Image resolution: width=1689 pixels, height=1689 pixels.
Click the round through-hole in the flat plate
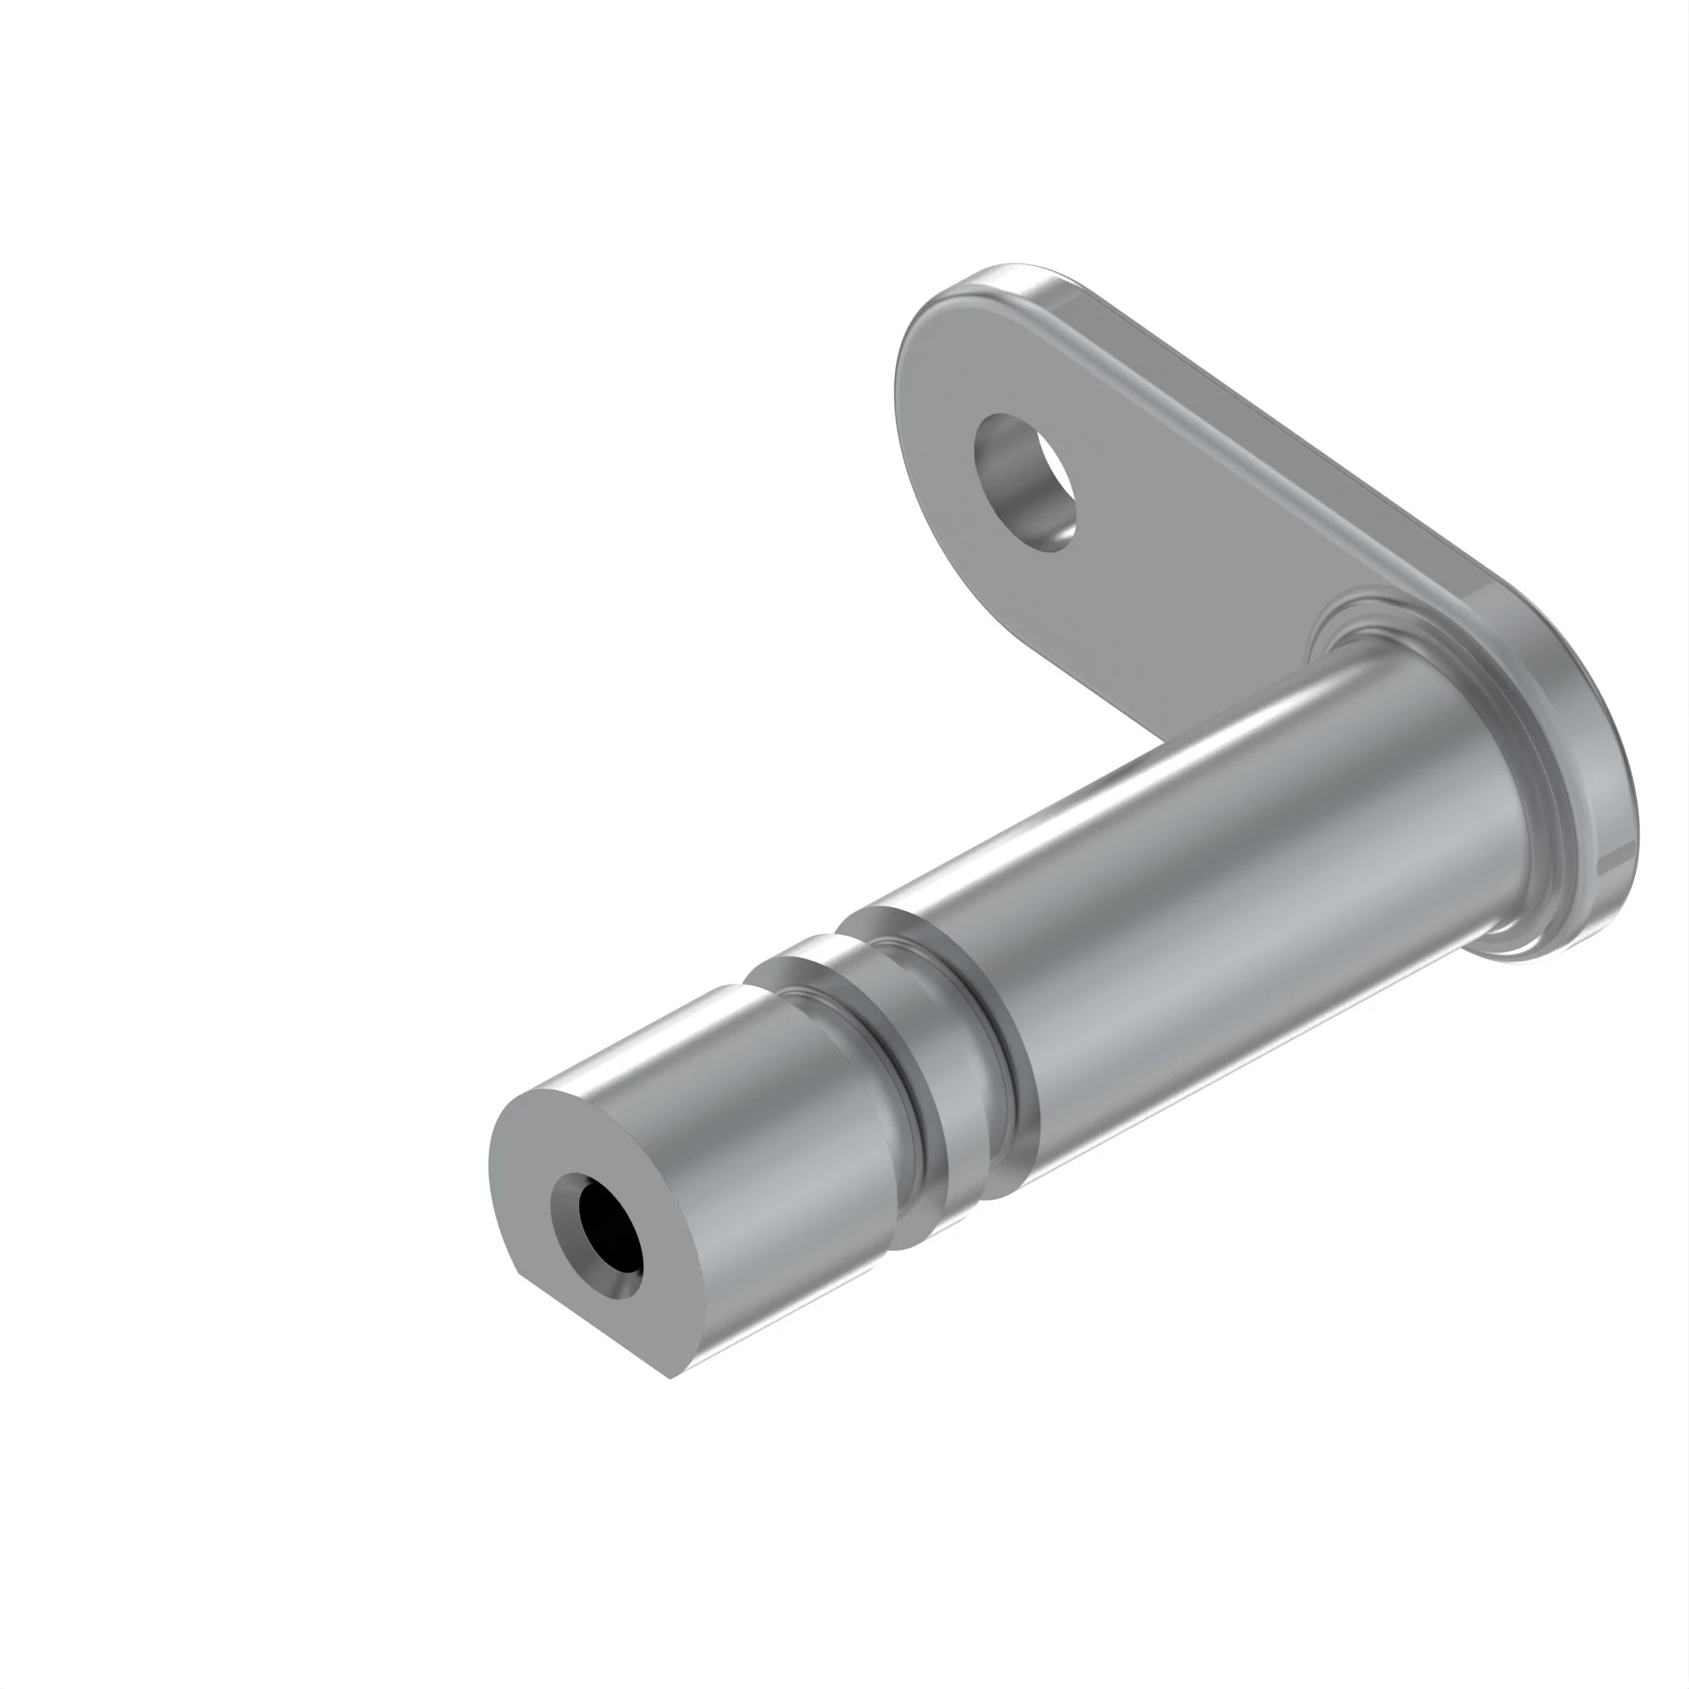tap(1024, 481)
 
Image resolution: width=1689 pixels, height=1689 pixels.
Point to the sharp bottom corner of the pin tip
tap(670, 1379)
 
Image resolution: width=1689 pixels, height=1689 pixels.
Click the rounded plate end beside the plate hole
tap(926, 384)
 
